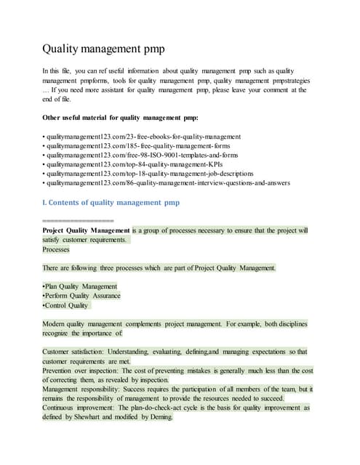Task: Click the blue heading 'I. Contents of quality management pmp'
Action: coord(111,202)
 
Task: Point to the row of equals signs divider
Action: coord(78,219)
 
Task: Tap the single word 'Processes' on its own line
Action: coord(57,249)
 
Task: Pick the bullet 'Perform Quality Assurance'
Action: coord(82,296)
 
